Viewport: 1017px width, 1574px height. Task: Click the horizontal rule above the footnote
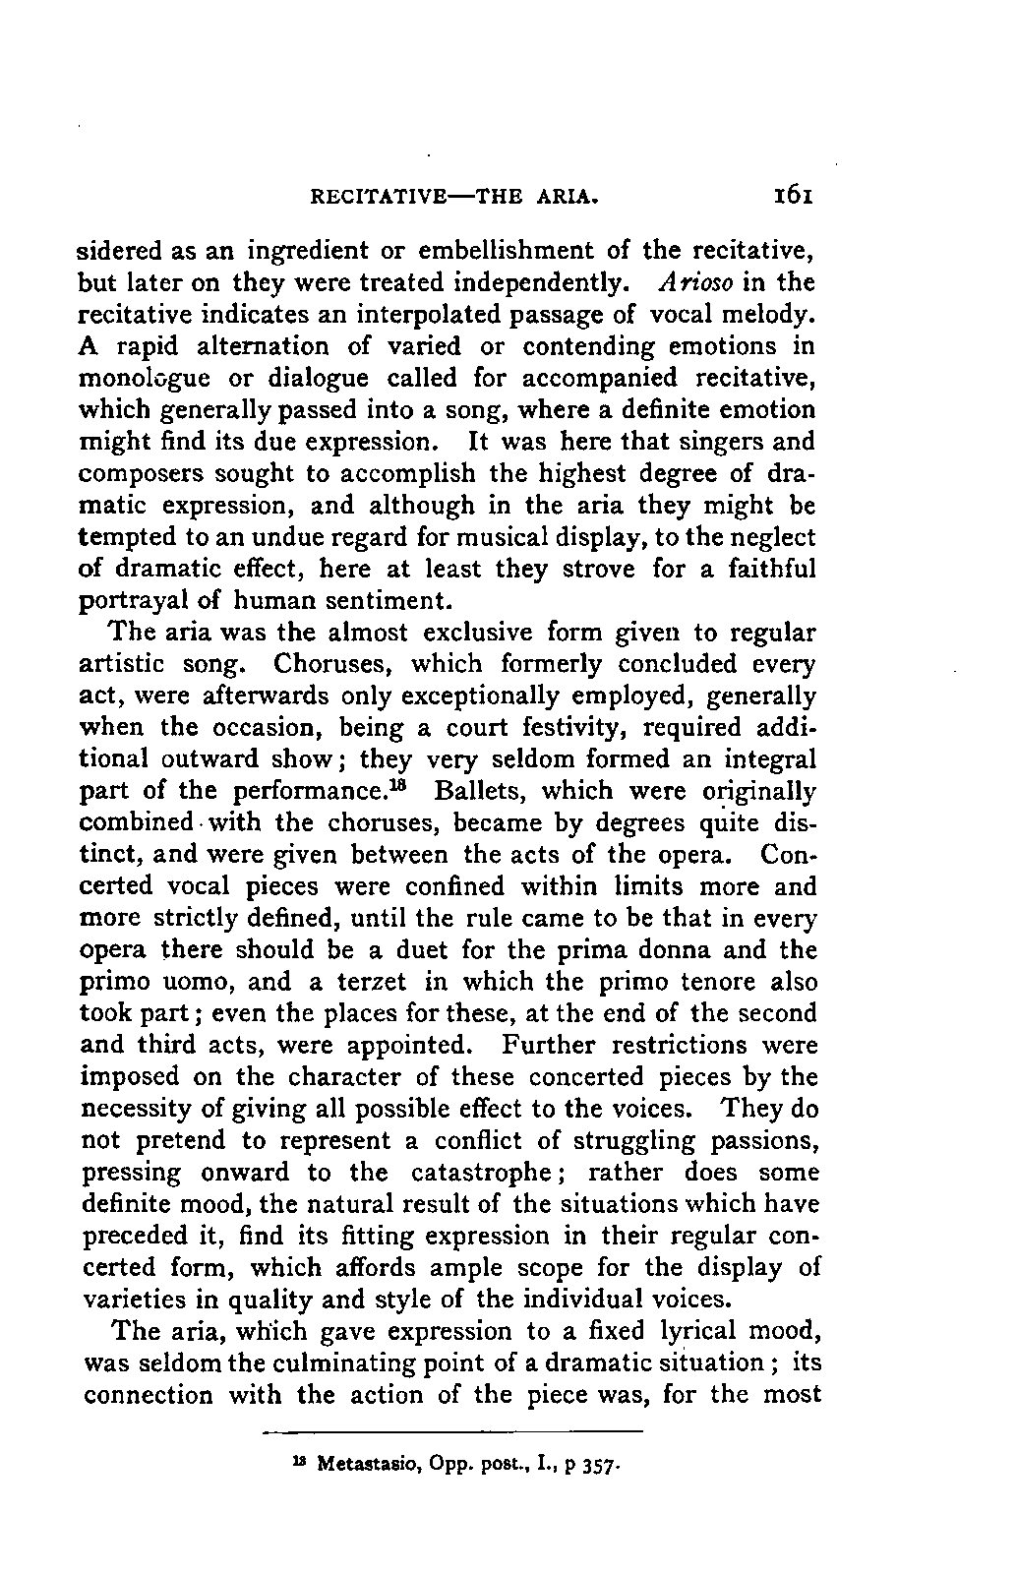click(x=452, y=1431)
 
